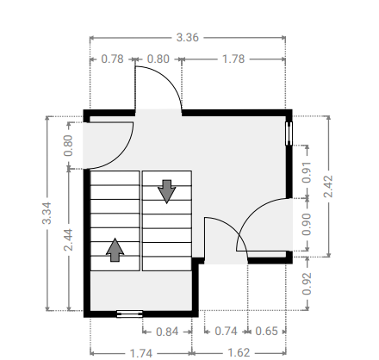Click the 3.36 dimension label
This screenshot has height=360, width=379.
(x=187, y=38)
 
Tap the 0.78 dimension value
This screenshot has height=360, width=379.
(x=112, y=59)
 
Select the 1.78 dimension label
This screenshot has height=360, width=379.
(x=233, y=59)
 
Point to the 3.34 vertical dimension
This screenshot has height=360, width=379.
(x=47, y=213)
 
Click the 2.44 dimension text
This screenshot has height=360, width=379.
(x=68, y=239)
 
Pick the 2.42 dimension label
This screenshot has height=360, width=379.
(x=328, y=186)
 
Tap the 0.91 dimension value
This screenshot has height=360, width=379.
(x=307, y=172)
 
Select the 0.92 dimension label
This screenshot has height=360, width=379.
(x=307, y=283)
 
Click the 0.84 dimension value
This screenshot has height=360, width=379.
(x=167, y=332)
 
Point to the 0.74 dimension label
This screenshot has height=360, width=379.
(x=226, y=332)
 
